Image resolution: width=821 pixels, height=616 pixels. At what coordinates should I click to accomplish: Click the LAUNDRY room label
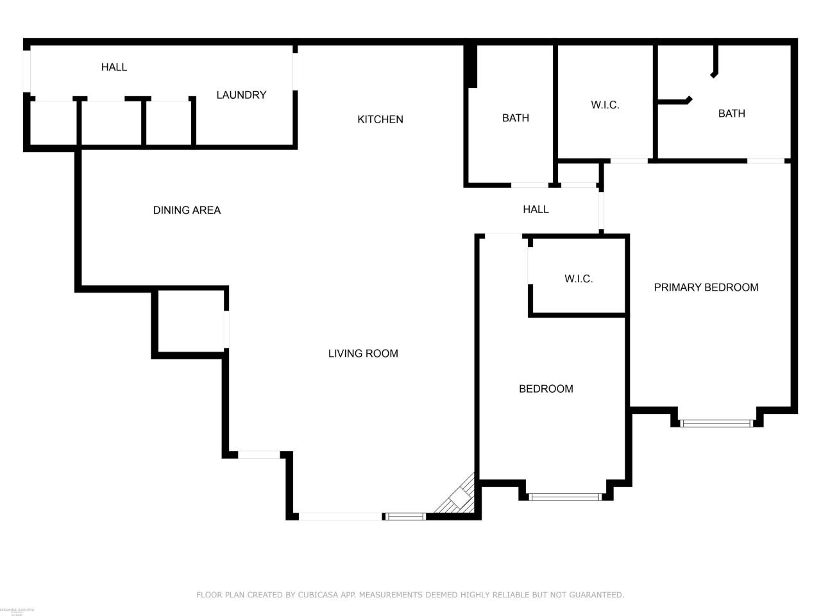tap(241, 95)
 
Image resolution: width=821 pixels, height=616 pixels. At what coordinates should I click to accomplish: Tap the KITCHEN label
tap(380, 119)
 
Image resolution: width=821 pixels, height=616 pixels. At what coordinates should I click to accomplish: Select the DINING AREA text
tap(187, 210)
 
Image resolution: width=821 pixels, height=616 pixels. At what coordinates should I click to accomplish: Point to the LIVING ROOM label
tap(363, 354)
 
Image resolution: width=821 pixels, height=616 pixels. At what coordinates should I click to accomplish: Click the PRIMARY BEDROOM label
tap(706, 287)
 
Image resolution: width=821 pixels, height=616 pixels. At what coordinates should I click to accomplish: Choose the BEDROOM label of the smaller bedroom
tap(546, 389)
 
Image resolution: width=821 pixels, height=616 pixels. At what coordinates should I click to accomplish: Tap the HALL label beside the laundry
tap(114, 67)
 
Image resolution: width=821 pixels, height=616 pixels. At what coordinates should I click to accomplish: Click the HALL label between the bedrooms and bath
tap(536, 209)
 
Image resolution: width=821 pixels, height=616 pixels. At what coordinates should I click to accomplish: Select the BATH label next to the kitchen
tap(516, 118)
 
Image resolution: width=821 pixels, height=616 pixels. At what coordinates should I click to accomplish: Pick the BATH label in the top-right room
tap(731, 114)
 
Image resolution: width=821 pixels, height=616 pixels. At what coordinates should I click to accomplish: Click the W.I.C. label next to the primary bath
tap(605, 105)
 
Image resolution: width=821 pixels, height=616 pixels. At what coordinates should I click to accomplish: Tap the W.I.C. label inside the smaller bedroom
tap(579, 279)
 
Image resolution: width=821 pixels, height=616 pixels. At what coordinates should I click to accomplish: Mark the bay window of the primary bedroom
tap(716, 423)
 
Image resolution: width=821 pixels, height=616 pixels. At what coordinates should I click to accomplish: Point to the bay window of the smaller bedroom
tap(565, 496)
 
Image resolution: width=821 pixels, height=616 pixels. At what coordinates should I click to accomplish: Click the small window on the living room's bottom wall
tap(405, 516)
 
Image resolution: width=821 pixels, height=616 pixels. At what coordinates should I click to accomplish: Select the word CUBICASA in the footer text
tap(319, 595)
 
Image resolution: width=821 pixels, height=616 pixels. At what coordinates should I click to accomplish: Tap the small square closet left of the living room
tap(190, 320)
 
